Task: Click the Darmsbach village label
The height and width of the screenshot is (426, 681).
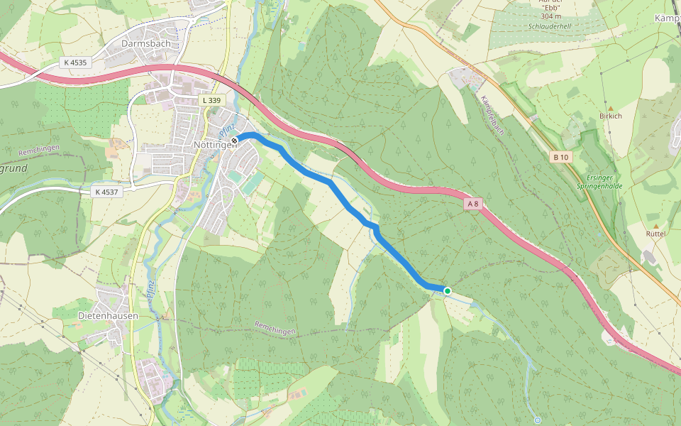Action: pyautogui.click(x=146, y=43)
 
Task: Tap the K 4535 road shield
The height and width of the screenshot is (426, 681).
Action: pyautogui.click(x=74, y=62)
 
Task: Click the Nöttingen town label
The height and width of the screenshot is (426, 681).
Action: pyautogui.click(x=213, y=144)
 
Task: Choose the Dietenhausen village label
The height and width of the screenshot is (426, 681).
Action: pyautogui.click(x=108, y=315)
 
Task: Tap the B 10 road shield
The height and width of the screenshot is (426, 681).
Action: pyautogui.click(x=561, y=157)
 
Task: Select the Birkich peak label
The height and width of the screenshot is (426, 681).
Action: pyautogui.click(x=610, y=116)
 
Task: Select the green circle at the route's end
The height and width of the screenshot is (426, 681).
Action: pyautogui.click(x=448, y=290)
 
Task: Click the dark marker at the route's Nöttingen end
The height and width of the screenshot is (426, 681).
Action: pyautogui.click(x=234, y=140)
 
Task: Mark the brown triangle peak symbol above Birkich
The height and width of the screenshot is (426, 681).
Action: pyautogui.click(x=610, y=108)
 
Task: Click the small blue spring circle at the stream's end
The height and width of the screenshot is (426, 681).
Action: pyautogui.click(x=538, y=420)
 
